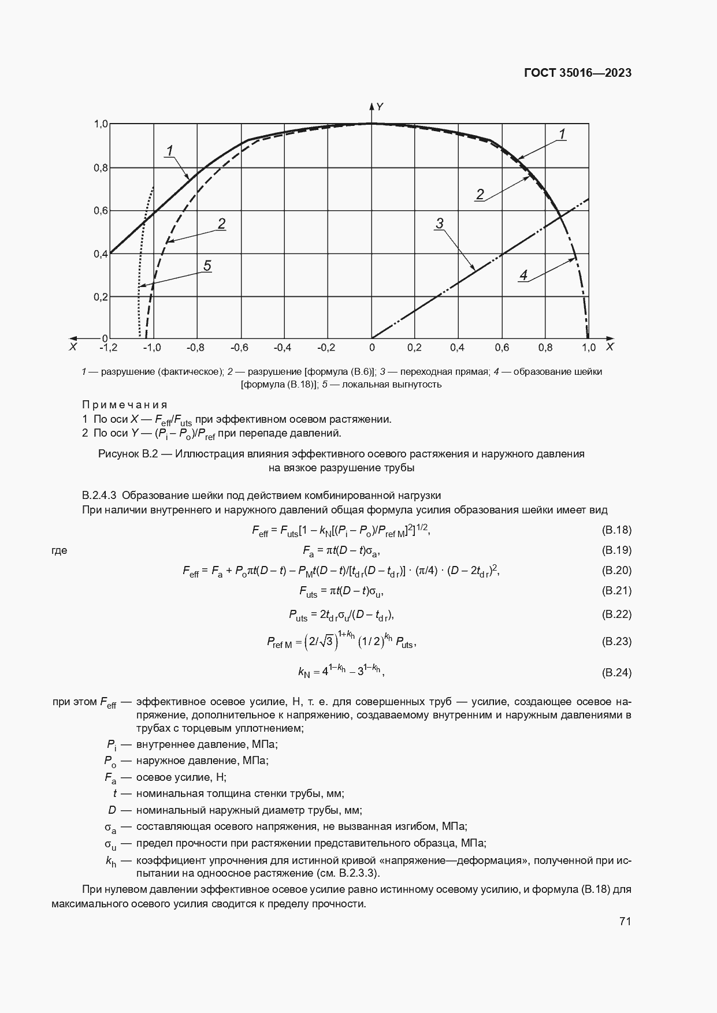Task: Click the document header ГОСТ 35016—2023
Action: (x=577, y=73)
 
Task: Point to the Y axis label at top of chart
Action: (x=380, y=107)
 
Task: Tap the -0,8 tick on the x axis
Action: (x=196, y=347)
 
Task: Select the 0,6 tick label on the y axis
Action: (x=101, y=211)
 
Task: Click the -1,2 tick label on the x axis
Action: (x=108, y=347)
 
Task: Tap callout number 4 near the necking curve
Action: (x=523, y=275)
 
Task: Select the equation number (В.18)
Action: (x=616, y=530)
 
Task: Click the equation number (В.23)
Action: (x=616, y=641)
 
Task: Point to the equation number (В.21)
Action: (x=616, y=590)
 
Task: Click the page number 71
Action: (x=625, y=922)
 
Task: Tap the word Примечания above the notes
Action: (x=125, y=404)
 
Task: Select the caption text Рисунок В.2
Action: (x=128, y=454)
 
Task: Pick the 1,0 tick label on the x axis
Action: (x=588, y=347)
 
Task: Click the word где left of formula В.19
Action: (x=60, y=550)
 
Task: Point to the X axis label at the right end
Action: (x=610, y=347)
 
